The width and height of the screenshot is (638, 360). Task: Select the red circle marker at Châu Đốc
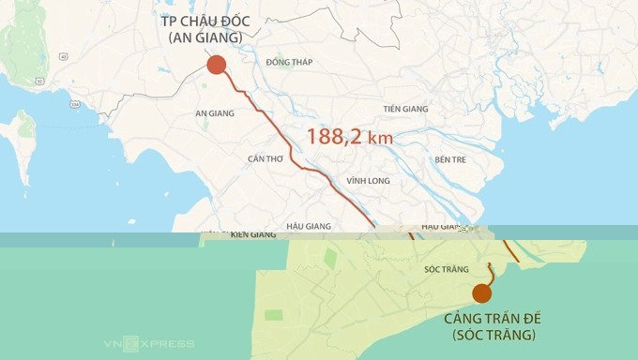pos(216,65)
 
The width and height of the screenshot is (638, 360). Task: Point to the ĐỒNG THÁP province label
pos(288,63)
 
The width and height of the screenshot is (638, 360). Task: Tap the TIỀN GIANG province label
pos(405,110)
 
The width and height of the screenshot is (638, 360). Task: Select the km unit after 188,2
pos(380,139)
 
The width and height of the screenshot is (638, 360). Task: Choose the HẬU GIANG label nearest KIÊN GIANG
pos(310,226)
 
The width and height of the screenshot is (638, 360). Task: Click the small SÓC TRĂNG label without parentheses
pos(446,270)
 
